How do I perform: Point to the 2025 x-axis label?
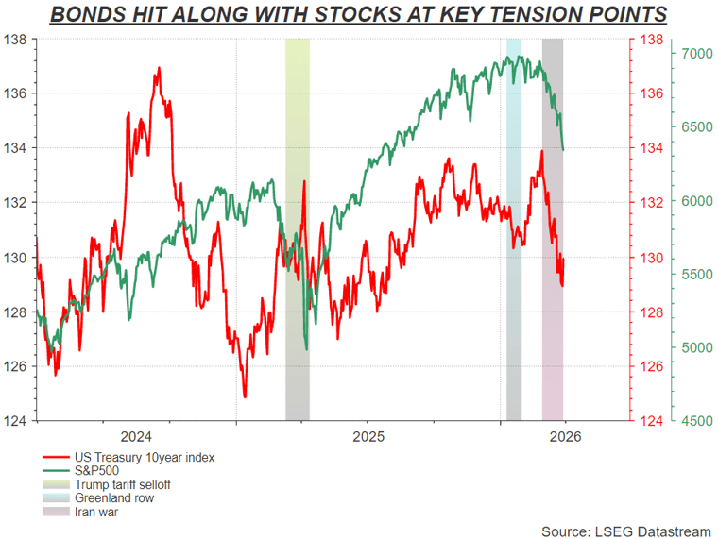(368, 436)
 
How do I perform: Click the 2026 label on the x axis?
(565, 436)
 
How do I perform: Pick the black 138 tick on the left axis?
(16, 41)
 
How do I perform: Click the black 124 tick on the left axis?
(16, 420)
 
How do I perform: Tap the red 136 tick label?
(651, 94)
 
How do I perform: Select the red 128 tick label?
(651, 312)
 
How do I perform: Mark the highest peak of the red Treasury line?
(158, 68)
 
